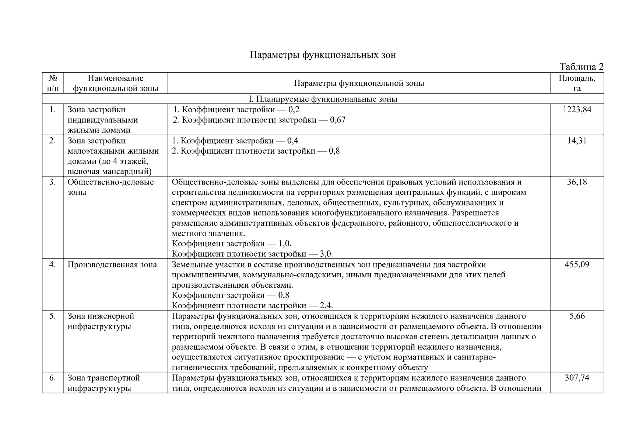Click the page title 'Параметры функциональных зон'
click(323, 55)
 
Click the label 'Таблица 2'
click(581, 67)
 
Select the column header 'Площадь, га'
click(577, 83)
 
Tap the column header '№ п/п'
click(53, 83)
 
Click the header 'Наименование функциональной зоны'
click(116, 83)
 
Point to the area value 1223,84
click(577, 109)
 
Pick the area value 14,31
click(577, 141)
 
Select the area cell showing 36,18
click(577, 182)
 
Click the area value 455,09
click(577, 264)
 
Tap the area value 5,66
click(577, 316)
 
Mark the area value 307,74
click(577, 378)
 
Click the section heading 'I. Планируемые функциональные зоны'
click(323, 99)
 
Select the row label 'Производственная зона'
click(112, 264)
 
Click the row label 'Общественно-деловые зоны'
click(110, 187)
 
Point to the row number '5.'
click(53, 316)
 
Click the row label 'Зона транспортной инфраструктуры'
click(104, 383)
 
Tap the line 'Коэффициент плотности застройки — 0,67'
click(259, 120)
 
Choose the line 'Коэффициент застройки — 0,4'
click(235, 141)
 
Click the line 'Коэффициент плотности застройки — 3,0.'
click(252, 254)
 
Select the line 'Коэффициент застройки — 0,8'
click(231, 295)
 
